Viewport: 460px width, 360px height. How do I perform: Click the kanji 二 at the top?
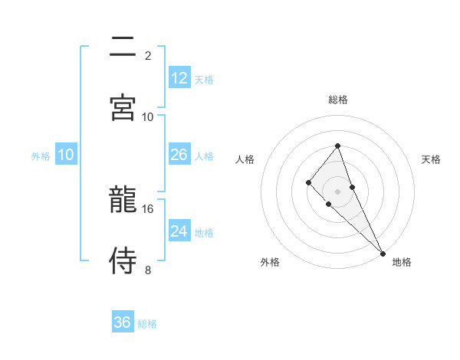(123, 47)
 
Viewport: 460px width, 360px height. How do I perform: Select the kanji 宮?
(123, 106)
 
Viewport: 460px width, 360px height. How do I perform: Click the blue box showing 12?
(179, 78)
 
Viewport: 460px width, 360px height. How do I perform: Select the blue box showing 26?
(179, 155)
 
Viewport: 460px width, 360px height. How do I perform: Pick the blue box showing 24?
(179, 231)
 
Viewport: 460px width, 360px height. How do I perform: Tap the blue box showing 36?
(123, 322)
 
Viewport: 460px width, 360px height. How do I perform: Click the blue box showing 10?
(66, 155)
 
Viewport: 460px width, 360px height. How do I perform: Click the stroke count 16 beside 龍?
(148, 208)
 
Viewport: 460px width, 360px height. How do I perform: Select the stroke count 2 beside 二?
(148, 55)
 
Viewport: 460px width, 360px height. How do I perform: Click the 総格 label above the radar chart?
(338, 100)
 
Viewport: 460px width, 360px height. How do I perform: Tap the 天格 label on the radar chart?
(431, 159)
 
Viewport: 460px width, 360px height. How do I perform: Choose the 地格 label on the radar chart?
(402, 262)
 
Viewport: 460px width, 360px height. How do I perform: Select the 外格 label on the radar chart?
(270, 262)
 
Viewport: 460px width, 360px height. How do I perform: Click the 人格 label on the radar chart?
(245, 159)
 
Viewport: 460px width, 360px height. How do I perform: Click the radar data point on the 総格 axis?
(337, 146)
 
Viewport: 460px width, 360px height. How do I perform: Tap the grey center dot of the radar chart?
(337, 191)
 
